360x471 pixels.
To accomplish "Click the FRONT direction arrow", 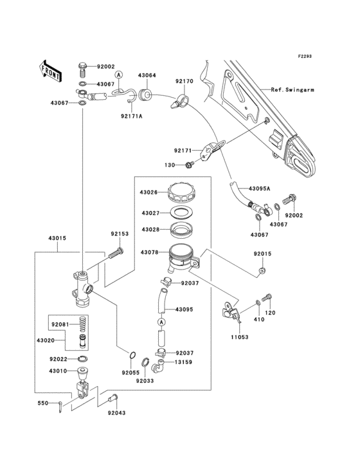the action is click(x=51, y=71).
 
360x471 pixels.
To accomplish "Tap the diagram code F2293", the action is click(x=305, y=56).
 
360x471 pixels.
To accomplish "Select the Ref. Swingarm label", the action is click(x=292, y=89).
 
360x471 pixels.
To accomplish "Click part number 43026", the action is click(x=148, y=192).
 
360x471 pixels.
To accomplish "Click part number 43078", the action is click(x=149, y=252).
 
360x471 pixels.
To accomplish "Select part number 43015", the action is click(x=57, y=238).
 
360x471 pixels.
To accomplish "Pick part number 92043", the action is click(x=117, y=413).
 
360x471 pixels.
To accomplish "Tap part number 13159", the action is click(x=184, y=362).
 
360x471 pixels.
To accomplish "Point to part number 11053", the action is click(x=240, y=337).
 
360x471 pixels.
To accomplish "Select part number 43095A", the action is click(x=260, y=189).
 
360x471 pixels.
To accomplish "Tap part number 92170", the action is click(x=184, y=81).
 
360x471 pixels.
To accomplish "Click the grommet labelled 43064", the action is click(x=145, y=95).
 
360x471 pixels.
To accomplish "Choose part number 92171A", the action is click(x=132, y=116).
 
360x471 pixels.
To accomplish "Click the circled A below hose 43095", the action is click(x=161, y=322).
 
